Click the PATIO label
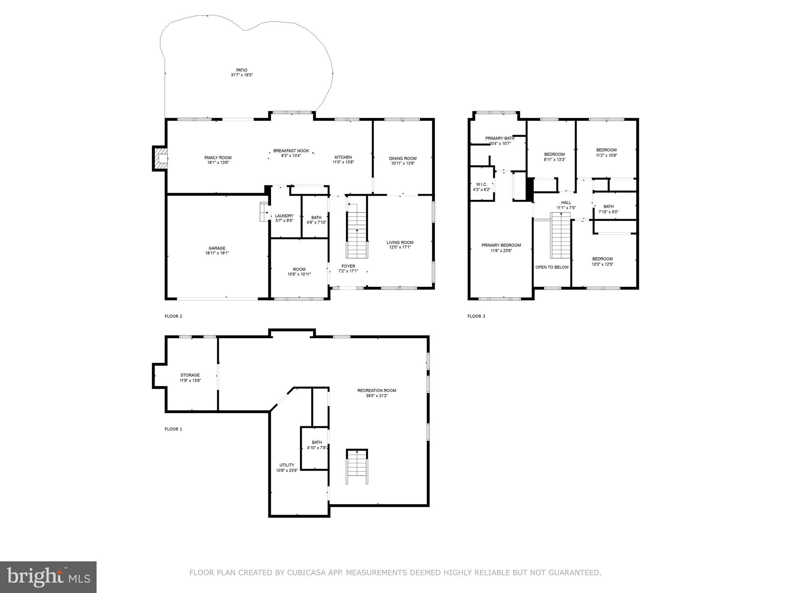(x=241, y=70)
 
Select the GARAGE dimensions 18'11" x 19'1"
(x=217, y=253)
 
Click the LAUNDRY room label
(x=284, y=216)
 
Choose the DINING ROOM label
(x=402, y=158)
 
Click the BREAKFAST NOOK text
(x=291, y=151)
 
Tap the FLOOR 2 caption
(x=173, y=316)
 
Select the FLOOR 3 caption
(x=476, y=316)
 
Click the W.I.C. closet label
(x=481, y=184)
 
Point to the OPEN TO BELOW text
(x=552, y=267)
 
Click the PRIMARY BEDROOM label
(x=501, y=245)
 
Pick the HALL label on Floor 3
(x=566, y=202)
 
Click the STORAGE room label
(x=190, y=375)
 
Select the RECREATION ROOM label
(x=377, y=390)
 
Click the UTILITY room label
(x=287, y=465)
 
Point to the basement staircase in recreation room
(x=356, y=467)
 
